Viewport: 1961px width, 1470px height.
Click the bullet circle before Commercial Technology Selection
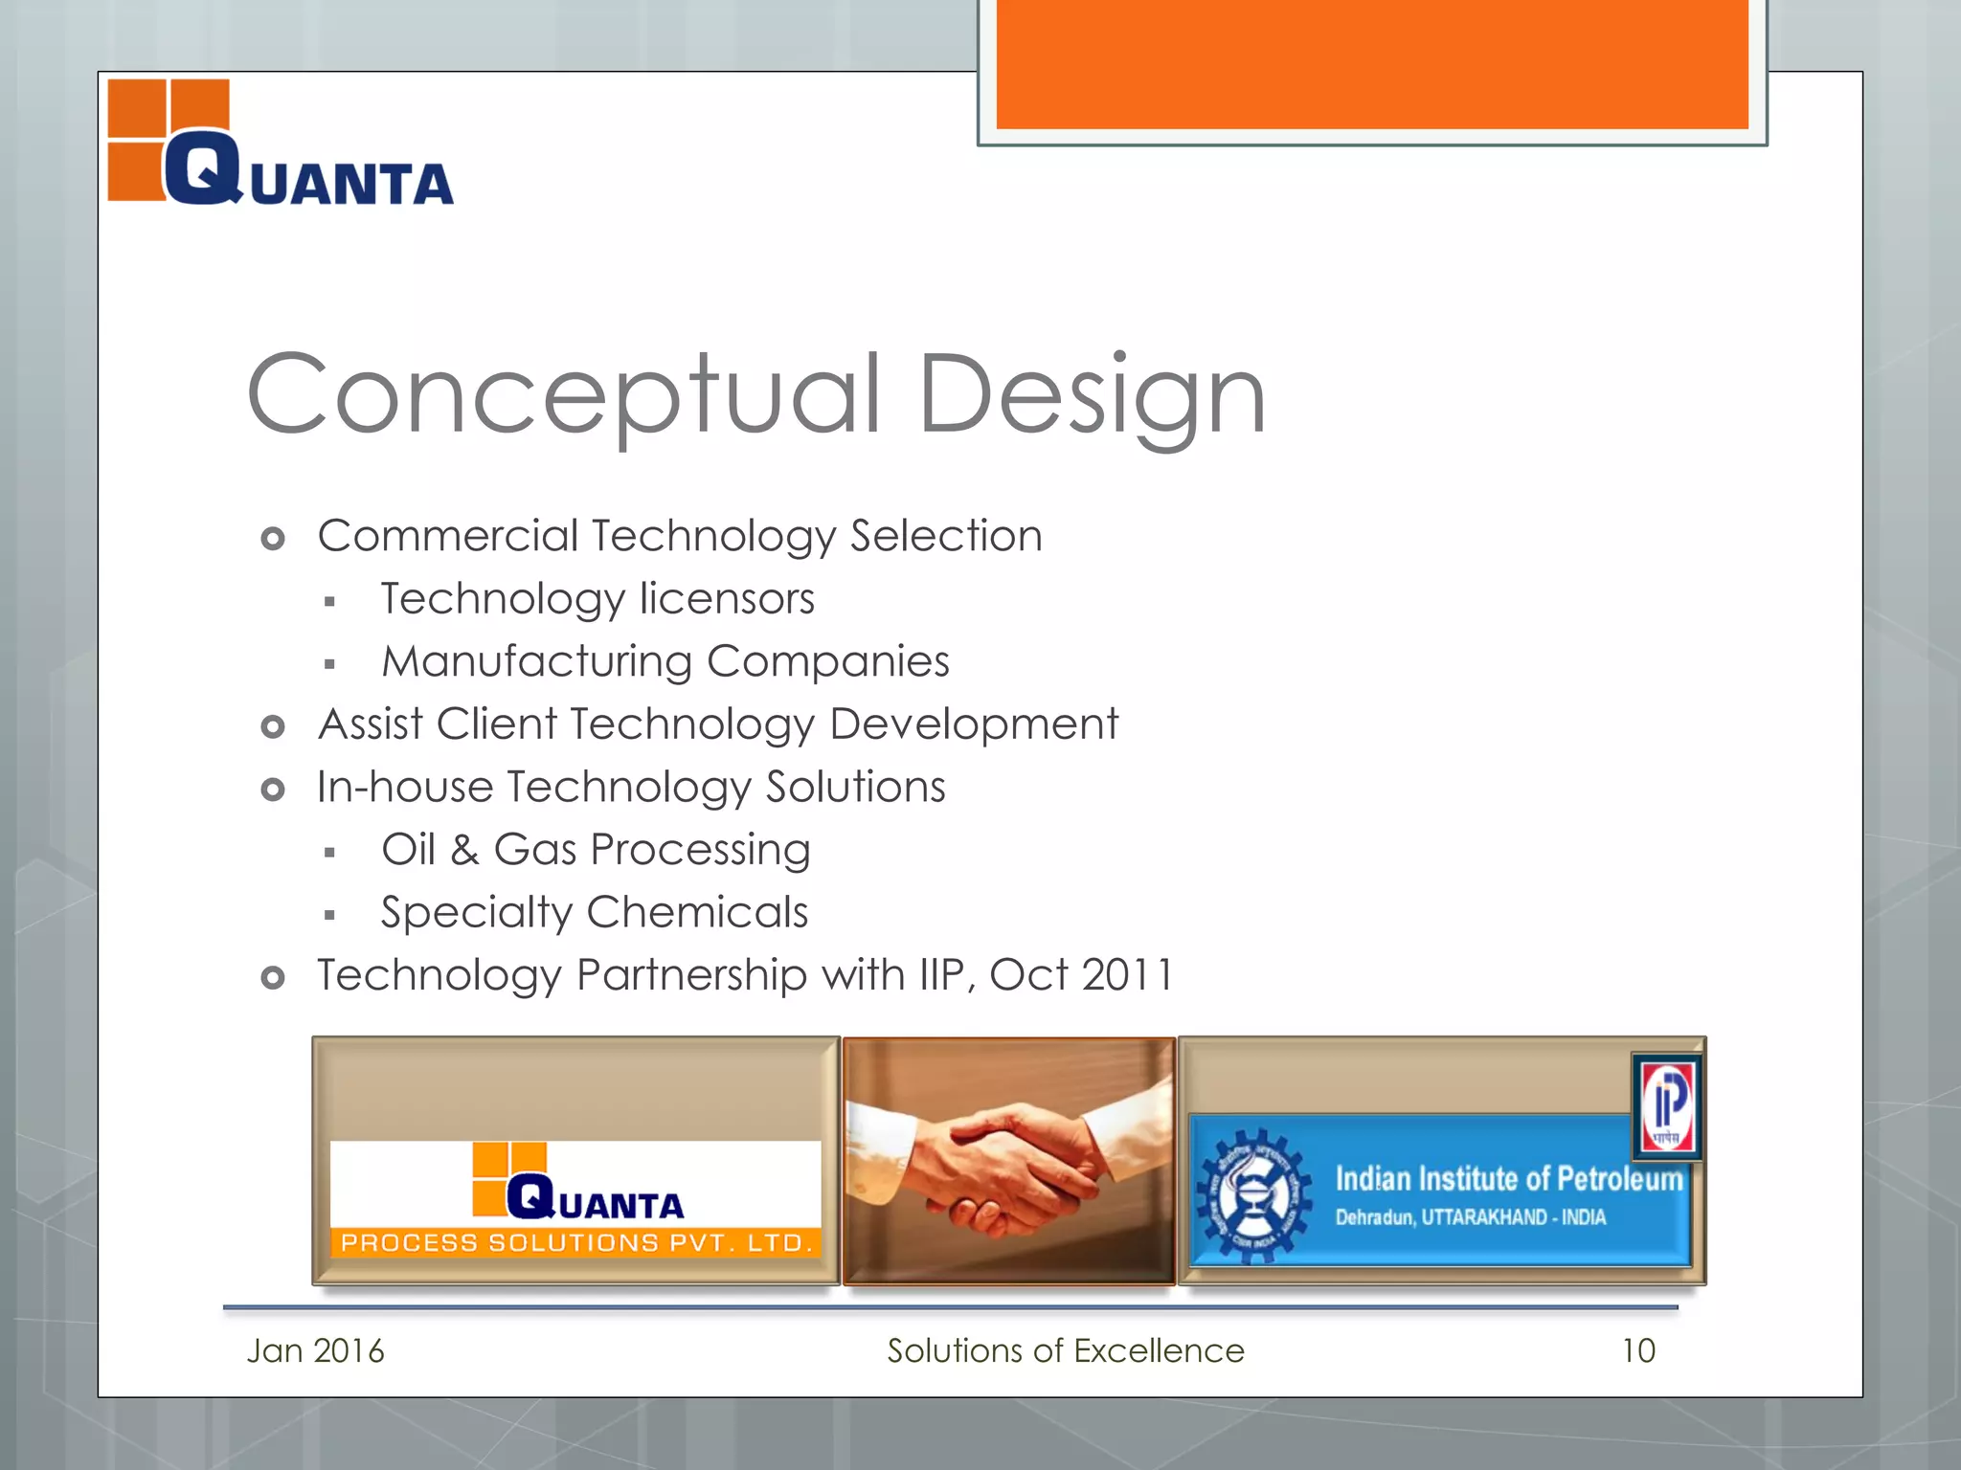[x=273, y=539]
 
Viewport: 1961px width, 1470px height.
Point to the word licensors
[x=727, y=599]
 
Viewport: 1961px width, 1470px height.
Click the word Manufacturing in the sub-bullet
[x=536, y=661]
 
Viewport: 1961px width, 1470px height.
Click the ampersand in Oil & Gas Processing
[x=464, y=851]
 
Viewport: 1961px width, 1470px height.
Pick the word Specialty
[x=476, y=913]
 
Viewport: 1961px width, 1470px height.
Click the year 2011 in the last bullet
[x=1127, y=975]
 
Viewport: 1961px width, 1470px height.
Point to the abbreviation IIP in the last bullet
[x=941, y=975]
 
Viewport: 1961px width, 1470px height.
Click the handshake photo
[x=1008, y=1161]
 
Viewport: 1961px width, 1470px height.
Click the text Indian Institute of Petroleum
[x=1508, y=1179]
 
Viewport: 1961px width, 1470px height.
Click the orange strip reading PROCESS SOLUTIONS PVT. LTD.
[x=575, y=1243]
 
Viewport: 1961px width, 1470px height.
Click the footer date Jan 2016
[x=315, y=1351]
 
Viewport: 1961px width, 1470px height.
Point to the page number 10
[x=1638, y=1351]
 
